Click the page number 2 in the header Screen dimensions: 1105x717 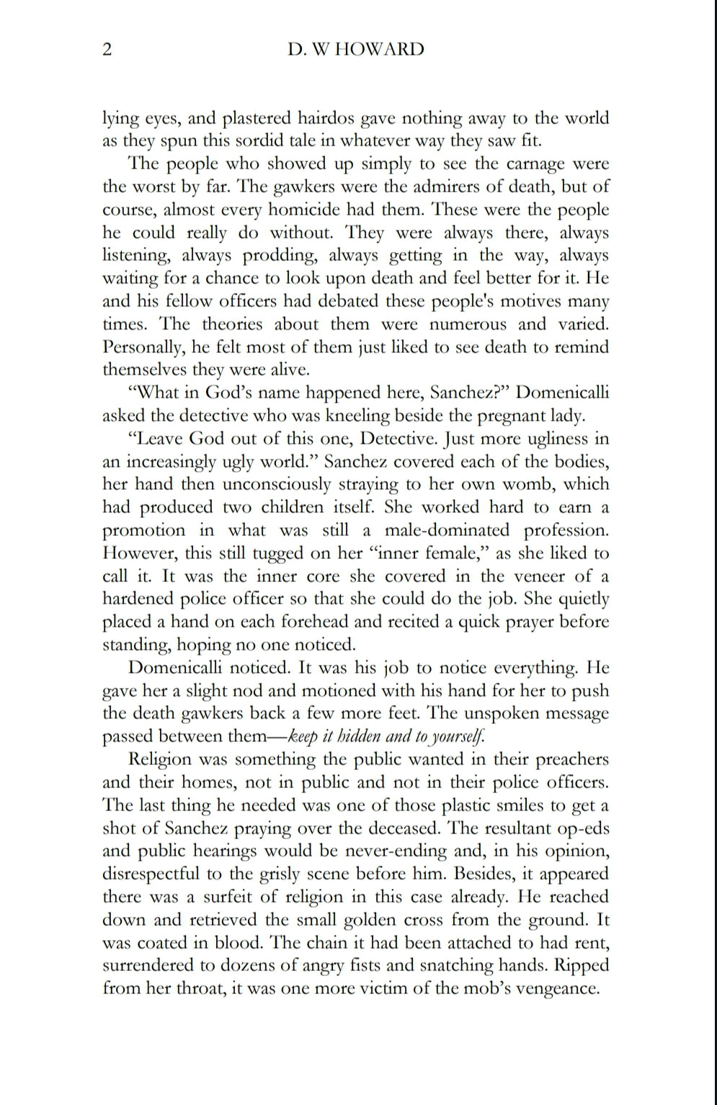(107, 50)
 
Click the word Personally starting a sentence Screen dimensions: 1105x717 (144, 347)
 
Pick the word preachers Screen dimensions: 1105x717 (570, 759)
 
